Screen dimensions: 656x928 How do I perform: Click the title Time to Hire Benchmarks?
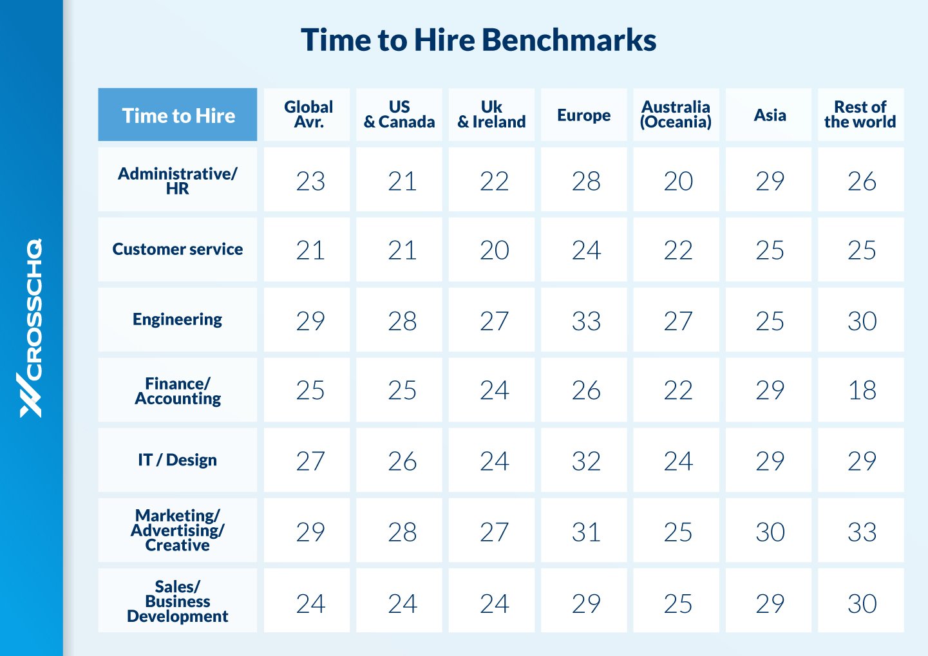coord(478,40)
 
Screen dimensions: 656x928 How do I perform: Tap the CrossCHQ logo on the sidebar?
coord(31,328)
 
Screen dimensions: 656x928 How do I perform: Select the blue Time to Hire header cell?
coord(178,115)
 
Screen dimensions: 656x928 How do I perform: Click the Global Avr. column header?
coord(308,115)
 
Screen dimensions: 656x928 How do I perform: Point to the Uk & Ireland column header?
coord(491,115)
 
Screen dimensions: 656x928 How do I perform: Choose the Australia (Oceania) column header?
coord(676,115)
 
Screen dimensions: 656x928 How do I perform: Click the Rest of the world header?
coord(860,115)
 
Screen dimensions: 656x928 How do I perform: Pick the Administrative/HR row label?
coord(178,181)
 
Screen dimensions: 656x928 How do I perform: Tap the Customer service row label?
coord(178,249)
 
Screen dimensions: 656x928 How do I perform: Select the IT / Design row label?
coord(178,460)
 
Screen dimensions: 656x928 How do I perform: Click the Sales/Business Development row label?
coord(178,601)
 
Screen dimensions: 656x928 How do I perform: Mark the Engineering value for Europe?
coord(586,321)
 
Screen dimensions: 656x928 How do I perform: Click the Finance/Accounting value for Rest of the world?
coord(862,390)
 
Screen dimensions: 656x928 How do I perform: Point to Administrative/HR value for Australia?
coord(678,181)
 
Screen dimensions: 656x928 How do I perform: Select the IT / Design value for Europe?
coord(586,461)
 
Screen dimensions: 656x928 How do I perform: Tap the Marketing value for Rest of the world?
coord(862,532)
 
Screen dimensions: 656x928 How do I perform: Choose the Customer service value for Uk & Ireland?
coord(494,250)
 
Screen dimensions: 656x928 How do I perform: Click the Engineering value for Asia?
coord(770,321)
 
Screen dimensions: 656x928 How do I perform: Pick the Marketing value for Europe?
coord(586,532)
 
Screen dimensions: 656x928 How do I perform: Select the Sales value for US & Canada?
coord(402,603)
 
